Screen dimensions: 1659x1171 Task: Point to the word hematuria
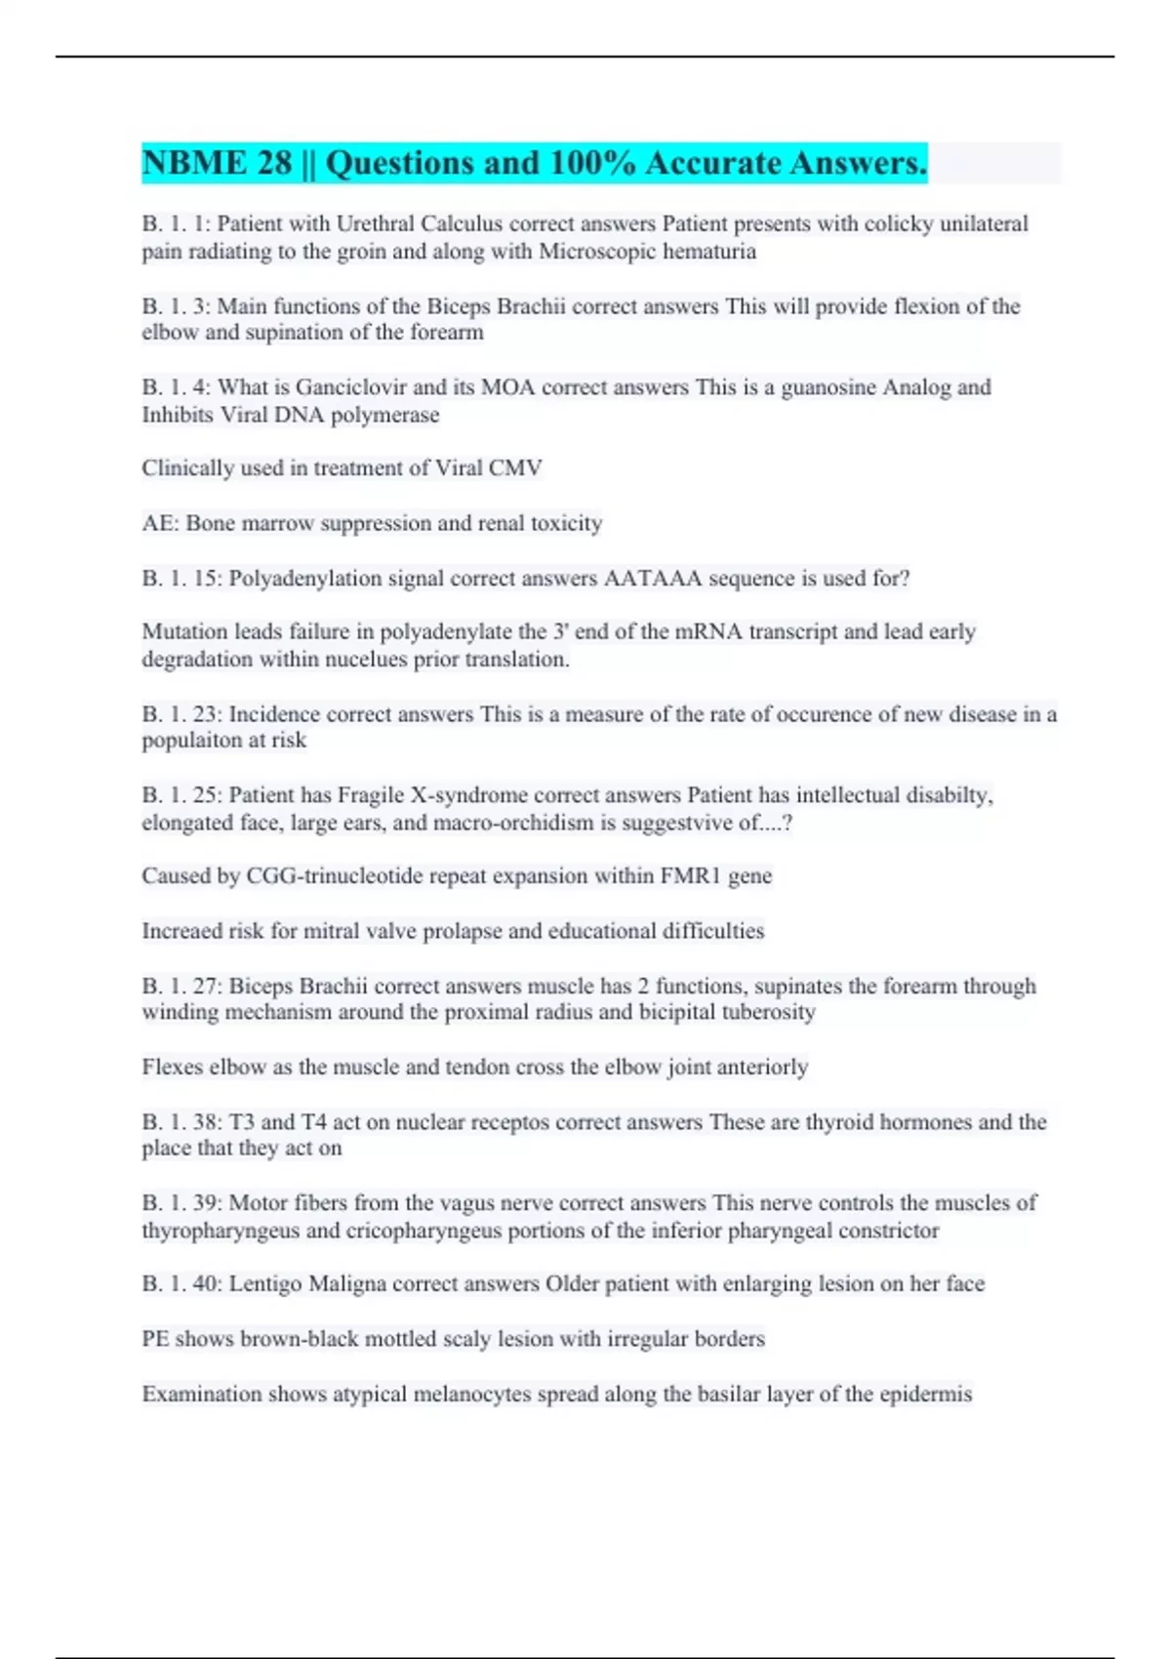pyautogui.click(x=709, y=251)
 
